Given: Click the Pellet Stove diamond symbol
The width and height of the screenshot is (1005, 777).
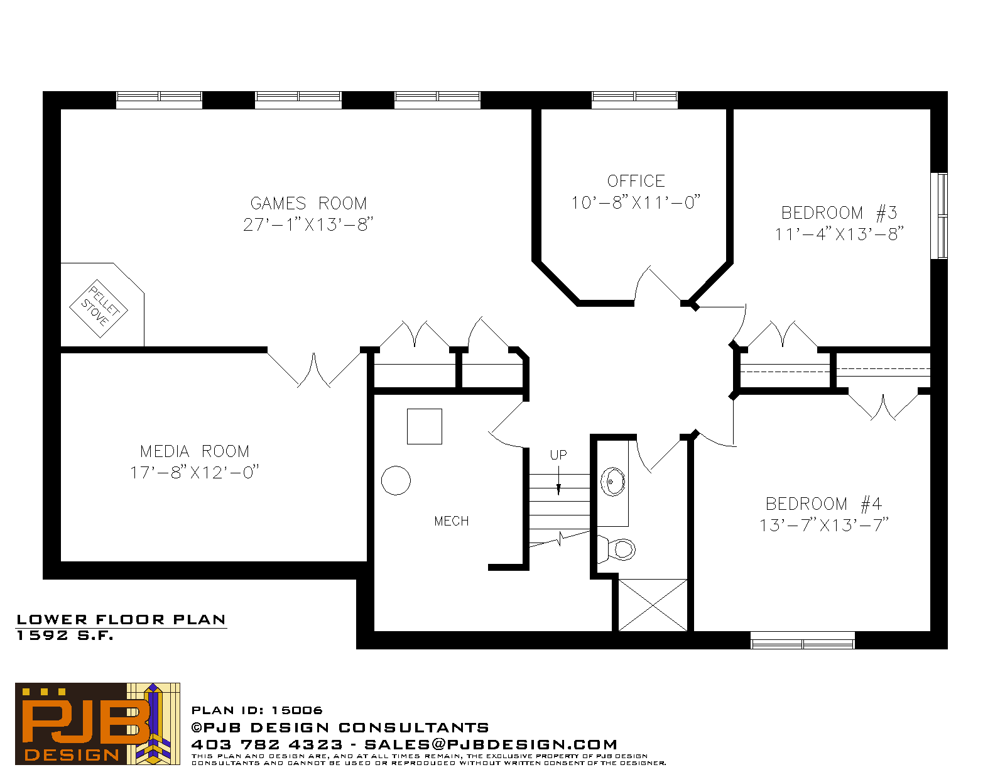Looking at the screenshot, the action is point(99,309).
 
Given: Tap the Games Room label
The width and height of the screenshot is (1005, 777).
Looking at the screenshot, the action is point(308,204).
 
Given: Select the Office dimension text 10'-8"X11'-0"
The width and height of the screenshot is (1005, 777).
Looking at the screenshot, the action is point(636,202).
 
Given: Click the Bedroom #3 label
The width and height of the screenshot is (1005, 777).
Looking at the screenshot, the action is point(839,213).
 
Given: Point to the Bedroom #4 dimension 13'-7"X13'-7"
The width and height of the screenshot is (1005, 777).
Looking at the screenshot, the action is point(824,526).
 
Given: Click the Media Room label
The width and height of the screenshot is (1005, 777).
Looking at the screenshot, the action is point(195,451).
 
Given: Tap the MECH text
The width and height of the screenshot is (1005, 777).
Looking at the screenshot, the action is point(452,522).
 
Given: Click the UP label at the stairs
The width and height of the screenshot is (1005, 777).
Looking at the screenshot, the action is point(558,455).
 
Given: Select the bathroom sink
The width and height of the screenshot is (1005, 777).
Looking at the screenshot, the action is point(613,482).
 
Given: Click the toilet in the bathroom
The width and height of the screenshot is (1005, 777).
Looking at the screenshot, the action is point(617,550).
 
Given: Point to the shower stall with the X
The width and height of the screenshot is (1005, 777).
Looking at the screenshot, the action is point(653,605).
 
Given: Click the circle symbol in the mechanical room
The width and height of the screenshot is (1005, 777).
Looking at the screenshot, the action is point(396,480).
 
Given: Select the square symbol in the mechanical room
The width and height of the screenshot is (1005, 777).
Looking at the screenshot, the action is point(425,427).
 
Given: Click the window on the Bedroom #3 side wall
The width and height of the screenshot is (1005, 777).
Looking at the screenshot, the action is point(939,216).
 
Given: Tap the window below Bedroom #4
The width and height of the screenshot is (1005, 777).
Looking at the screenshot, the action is point(802,641).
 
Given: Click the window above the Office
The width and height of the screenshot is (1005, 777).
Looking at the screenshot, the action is point(634,100).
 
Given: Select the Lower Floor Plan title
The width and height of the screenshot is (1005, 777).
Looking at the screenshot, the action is point(121,620).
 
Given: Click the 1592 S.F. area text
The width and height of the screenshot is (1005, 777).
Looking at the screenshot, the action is point(65,636).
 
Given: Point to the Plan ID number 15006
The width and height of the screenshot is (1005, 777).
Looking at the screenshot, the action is point(297,710).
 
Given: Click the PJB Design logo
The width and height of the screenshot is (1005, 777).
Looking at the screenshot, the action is point(97,724).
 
